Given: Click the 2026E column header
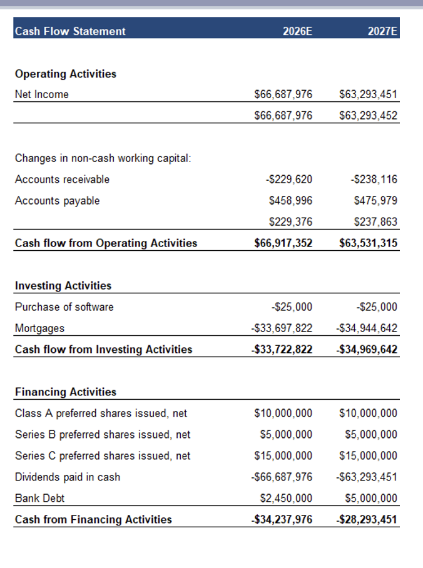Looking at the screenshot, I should pos(297,31).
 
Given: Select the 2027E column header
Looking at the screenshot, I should pos(383,31).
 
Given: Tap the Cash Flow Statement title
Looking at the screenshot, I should pos(70,31).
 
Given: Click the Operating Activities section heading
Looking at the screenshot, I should pos(66,74).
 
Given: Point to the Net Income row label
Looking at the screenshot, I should pos(42,94).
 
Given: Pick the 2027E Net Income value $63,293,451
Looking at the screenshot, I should pos(368,94).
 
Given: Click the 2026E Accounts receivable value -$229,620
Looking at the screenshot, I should pos(289,180).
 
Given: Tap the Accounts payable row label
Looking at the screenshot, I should pos(57,201).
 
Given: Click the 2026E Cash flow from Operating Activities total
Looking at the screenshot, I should pos(283,243).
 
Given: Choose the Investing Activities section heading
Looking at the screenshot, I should pos(63,285).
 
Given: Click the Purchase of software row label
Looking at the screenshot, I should pos(64,307).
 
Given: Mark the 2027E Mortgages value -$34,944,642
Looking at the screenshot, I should pos(367,328).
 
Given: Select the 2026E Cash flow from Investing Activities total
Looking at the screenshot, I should pos(282,349).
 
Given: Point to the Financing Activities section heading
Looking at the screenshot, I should pos(66,392).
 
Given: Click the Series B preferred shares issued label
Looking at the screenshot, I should pos(103,435).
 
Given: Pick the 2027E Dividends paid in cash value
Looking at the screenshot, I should pos(367,477).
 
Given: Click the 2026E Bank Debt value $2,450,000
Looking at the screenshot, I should pos(286,499).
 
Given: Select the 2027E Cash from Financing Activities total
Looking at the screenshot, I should pos(367,519).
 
